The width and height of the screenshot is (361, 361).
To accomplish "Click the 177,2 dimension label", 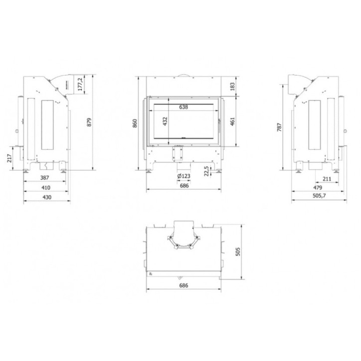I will (x=80, y=84).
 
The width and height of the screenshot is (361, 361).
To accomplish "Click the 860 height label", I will (x=135, y=124).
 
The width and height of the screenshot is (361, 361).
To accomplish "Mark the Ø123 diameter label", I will (x=183, y=177).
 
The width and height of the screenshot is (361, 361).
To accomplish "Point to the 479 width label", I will (x=317, y=188).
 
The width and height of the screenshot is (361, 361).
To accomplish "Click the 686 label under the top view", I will (x=183, y=286).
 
